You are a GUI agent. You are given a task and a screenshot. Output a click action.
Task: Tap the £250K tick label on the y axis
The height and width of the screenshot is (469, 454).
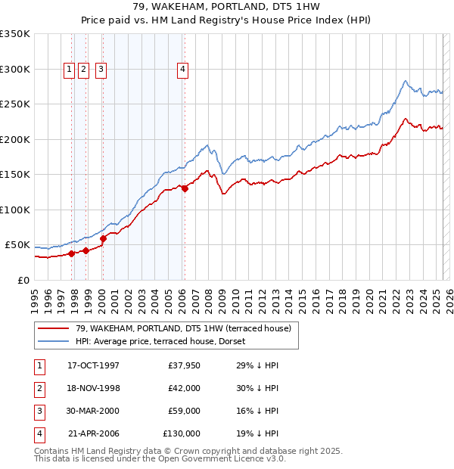(14, 104)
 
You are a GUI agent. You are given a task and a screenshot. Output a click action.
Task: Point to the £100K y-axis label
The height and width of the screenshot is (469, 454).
(14, 210)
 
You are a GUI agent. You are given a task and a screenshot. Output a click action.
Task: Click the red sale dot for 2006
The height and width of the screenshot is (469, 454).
(185, 188)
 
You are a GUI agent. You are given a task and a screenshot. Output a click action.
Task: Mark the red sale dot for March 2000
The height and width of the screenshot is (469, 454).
(104, 238)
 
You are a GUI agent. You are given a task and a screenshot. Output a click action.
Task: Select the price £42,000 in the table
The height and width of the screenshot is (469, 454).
(184, 388)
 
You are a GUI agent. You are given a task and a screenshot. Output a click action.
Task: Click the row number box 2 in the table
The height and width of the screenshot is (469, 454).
(38, 388)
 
